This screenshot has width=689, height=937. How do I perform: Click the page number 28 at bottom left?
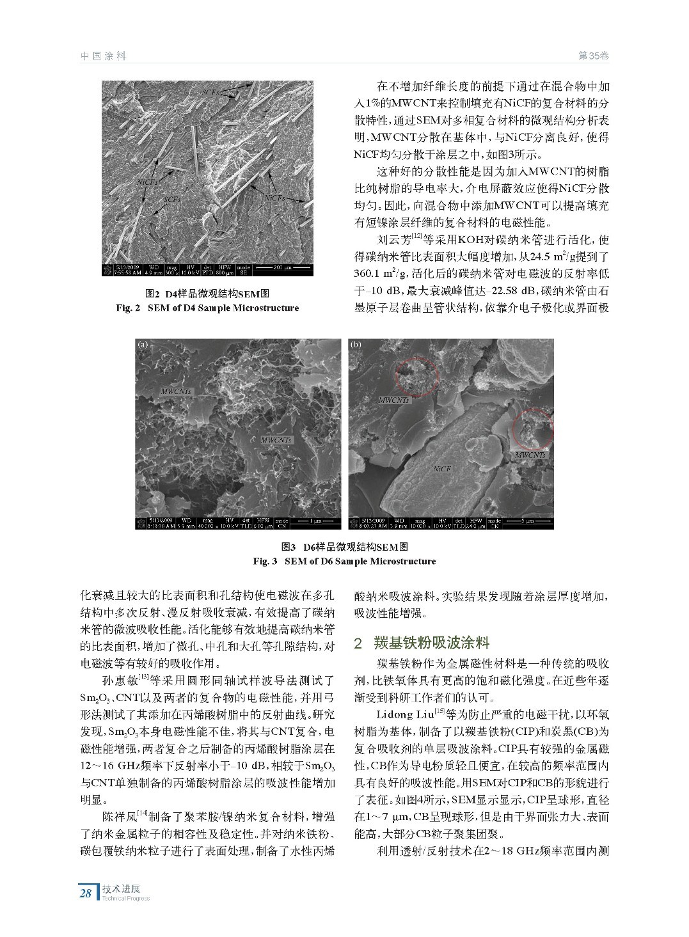[x=85, y=892]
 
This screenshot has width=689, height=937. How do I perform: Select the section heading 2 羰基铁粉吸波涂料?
[x=422, y=642]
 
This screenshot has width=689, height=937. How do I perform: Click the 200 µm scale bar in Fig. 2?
[x=280, y=267]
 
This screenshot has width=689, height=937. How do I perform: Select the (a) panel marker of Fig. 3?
[x=143, y=344]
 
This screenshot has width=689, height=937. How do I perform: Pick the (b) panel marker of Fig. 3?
[x=356, y=344]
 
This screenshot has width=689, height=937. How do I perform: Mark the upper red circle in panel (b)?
[x=415, y=372]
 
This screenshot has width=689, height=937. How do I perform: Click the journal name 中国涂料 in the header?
[x=103, y=56]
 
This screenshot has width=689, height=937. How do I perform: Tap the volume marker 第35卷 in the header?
[x=593, y=56]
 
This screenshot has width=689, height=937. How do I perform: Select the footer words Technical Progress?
[x=125, y=898]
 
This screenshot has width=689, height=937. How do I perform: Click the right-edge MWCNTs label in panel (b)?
[x=530, y=455]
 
